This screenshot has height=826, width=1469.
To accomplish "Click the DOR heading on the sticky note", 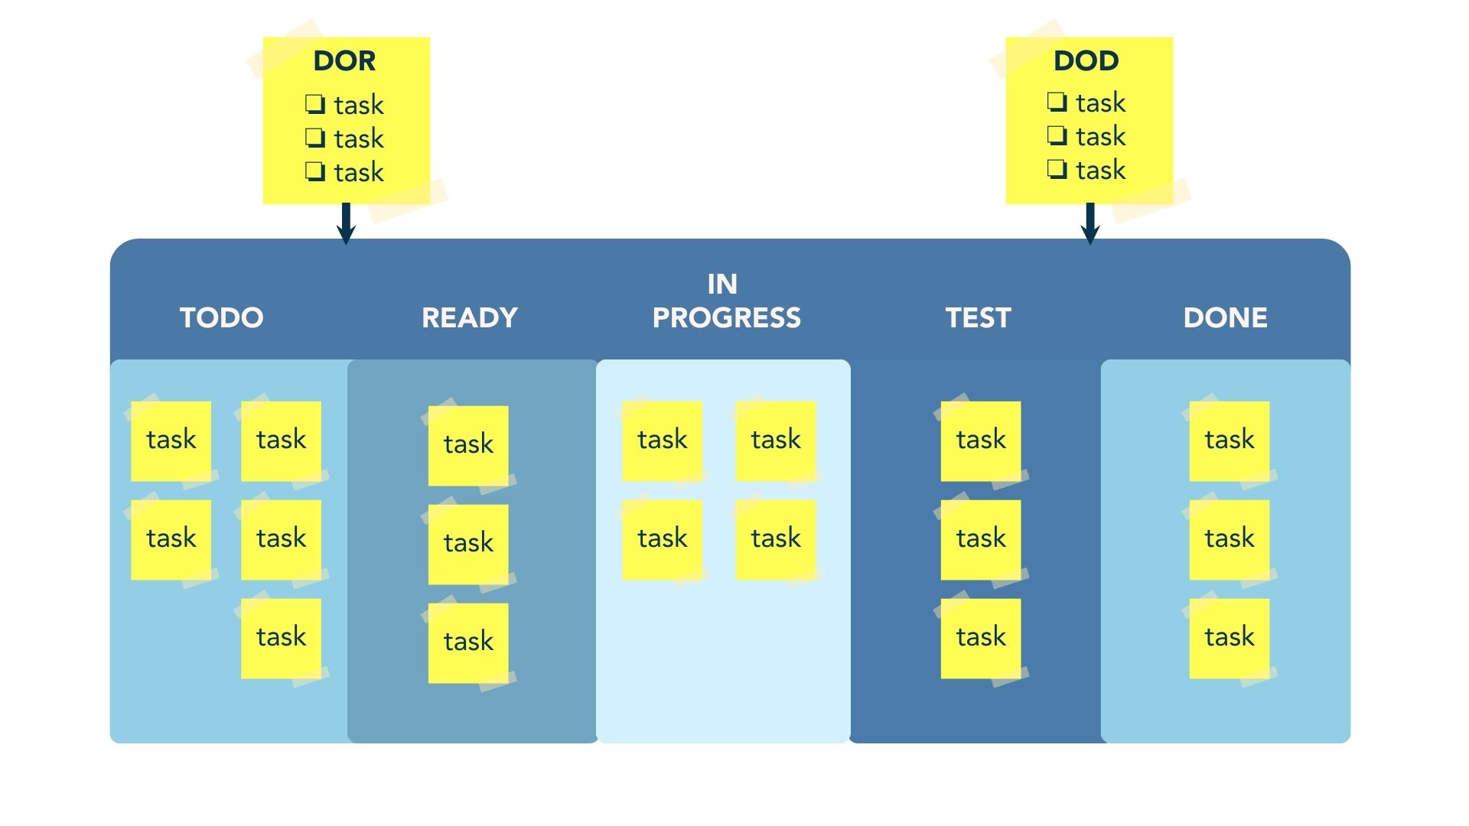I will tap(344, 61).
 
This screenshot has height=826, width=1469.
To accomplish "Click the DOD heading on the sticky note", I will tap(1086, 61).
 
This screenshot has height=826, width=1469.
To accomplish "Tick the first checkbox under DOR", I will tap(314, 103).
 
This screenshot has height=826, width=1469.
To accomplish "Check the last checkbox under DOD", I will tap(1057, 168).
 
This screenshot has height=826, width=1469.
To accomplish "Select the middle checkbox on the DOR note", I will tap(314, 137).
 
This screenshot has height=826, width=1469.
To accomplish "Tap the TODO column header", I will tap(221, 317).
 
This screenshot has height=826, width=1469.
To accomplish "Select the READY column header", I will tap(469, 317).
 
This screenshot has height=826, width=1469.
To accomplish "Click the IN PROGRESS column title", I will tap(725, 301).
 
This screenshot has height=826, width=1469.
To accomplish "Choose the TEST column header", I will tap(978, 317).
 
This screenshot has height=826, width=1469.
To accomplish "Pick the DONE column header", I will tap(1225, 317).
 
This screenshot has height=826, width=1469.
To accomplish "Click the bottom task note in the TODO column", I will tap(281, 638).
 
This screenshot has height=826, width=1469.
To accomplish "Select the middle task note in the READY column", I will tap(468, 544).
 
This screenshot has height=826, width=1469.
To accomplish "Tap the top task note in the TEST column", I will tap(981, 441).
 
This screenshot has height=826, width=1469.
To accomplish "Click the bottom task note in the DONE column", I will tap(1229, 638).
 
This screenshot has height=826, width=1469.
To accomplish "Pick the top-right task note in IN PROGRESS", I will tap(775, 441).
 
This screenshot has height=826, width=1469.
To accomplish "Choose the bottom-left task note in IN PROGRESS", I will tap(662, 539).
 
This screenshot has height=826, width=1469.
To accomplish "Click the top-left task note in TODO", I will tap(171, 441).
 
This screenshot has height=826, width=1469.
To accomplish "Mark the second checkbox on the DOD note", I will tap(1057, 135).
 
